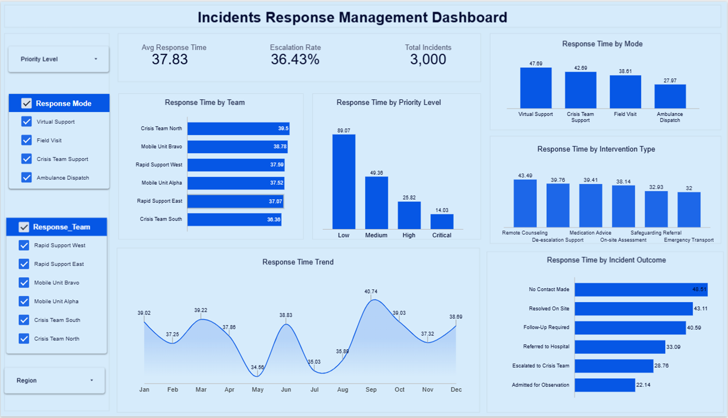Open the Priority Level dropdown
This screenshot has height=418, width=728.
click(59, 59)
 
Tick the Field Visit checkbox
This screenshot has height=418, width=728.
click(26, 140)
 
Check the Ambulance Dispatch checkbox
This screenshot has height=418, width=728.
click(26, 178)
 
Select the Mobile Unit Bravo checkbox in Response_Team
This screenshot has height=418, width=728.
click(24, 283)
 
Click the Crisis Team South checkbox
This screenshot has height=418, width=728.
click(24, 320)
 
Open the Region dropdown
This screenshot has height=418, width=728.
click(55, 380)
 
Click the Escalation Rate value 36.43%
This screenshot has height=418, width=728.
click(295, 59)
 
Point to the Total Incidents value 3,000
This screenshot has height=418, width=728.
click(428, 59)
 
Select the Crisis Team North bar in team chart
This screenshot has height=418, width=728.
click(238, 128)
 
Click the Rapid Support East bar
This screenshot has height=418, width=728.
click(235, 201)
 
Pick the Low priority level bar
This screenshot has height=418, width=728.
click(344, 182)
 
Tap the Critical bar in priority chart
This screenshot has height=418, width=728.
click(442, 222)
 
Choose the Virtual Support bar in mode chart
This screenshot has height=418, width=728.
click(536, 88)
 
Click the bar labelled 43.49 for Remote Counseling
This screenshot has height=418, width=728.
click(525, 203)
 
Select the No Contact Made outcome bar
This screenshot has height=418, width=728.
click(641, 290)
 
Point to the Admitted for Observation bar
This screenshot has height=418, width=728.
click(605, 385)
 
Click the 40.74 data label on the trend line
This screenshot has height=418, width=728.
click(371, 292)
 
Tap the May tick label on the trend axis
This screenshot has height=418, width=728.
click(258, 390)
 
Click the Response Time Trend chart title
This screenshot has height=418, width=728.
click(298, 262)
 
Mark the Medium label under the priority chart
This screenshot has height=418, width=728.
click(376, 235)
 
